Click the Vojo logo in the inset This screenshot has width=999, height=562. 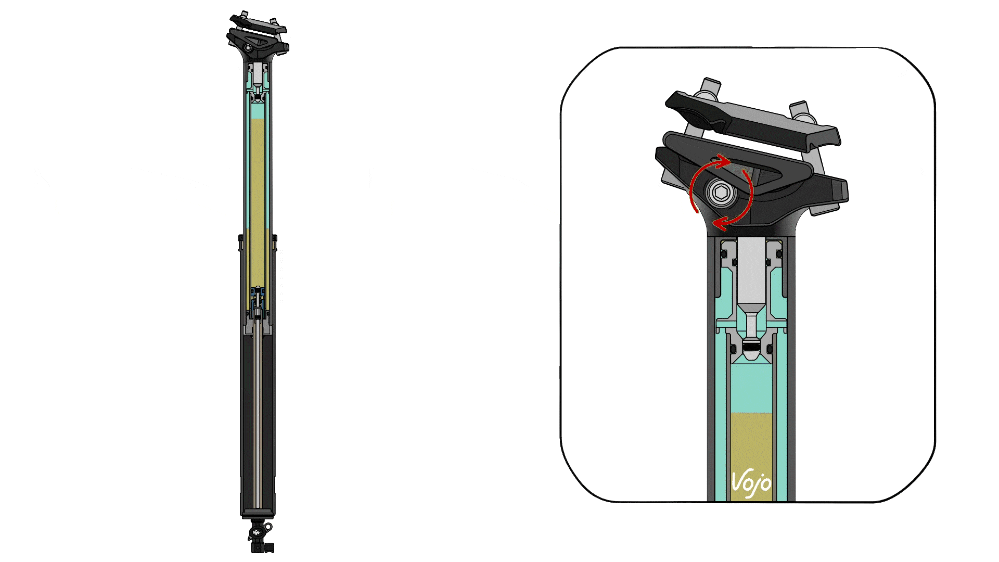(751, 484)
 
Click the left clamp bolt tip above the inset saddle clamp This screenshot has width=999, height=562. (710, 85)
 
